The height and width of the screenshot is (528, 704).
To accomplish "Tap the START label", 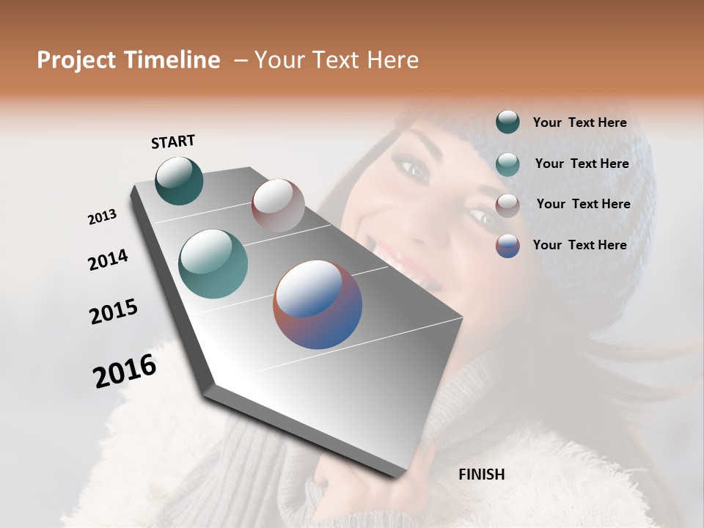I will pyautogui.click(x=173, y=142).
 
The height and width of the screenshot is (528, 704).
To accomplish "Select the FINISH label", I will pyautogui.click(x=481, y=474).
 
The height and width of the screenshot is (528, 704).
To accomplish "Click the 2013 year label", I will pyautogui.click(x=102, y=217).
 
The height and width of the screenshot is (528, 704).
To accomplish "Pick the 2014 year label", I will pyautogui.click(x=108, y=260).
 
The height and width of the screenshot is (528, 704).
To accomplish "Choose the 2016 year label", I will pyautogui.click(x=125, y=370).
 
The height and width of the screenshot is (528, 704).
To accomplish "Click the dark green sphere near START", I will pyautogui.click(x=179, y=180).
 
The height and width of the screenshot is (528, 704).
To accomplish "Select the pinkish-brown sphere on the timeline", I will pyautogui.click(x=278, y=205).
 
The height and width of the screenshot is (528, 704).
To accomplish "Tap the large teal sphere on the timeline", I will pyautogui.click(x=213, y=263).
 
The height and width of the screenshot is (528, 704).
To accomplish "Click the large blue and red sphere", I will pyautogui.click(x=318, y=304).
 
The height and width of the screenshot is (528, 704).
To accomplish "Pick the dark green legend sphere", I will pyautogui.click(x=507, y=122).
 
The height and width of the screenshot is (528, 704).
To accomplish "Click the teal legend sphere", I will pyautogui.click(x=507, y=164).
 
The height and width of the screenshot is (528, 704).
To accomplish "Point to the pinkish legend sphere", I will pyautogui.click(x=507, y=205).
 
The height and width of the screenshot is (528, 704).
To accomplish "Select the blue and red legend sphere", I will pyautogui.click(x=507, y=246).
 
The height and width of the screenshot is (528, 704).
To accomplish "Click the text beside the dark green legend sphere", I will pyautogui.click(x=579, y=122).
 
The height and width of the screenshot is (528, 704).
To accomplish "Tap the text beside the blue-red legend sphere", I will pyautogui.click(x=579, y=245).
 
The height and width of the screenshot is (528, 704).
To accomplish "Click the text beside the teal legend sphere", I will pyautogui.click(x=582, y=164).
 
